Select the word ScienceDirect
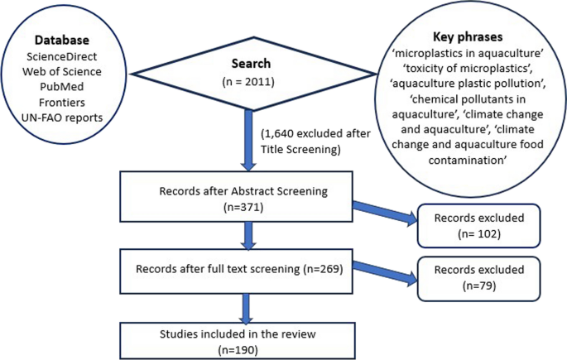pyautogui.click(x=62, y=56)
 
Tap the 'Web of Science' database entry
pyautogui.click(x=62, y=71)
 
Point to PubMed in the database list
pyautogui.click(x=62, y=86)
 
